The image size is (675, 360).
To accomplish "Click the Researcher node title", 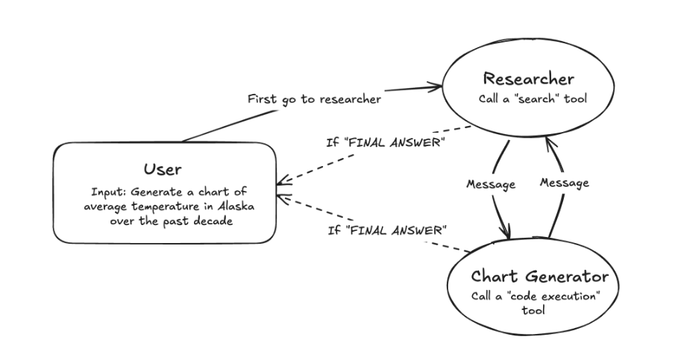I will [x=528, y=79].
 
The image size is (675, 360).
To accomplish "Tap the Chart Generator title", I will [x=539, y=277].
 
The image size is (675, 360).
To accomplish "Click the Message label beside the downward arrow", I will [x=489, y=185].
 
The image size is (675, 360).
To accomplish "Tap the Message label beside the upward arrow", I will [x=565, y=183].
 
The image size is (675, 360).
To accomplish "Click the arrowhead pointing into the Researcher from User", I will [x=435, y=87].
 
